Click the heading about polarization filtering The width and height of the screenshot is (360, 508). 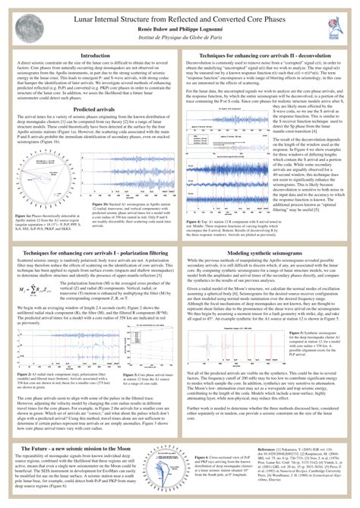[94, 231]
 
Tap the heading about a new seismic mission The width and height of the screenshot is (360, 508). [94, 429]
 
